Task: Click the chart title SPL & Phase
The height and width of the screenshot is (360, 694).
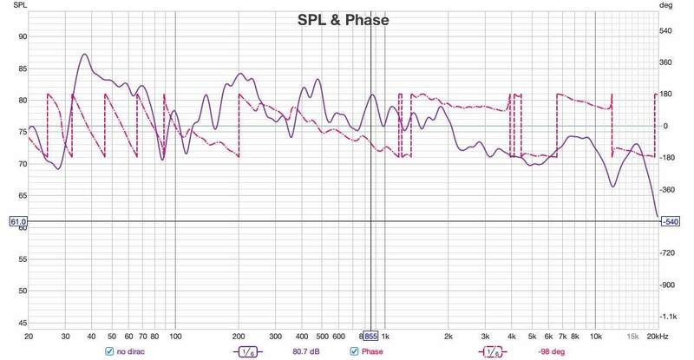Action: coord(344,20)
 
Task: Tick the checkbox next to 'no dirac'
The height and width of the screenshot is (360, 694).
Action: coord(109,351)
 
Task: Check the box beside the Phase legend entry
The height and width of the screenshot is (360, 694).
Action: coord(354,351)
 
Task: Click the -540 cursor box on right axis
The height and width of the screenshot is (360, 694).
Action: coord(671,222)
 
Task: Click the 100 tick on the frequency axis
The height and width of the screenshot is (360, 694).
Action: coord(175,336)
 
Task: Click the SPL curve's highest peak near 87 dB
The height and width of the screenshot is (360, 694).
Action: coord(84,54)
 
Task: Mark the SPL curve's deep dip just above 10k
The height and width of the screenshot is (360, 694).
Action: coord(612,185)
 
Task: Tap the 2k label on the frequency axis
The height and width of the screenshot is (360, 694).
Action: coord(448,336)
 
